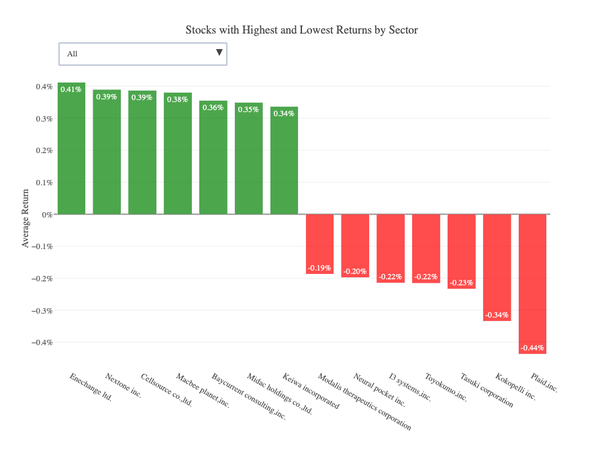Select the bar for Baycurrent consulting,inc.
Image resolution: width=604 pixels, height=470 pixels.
213,161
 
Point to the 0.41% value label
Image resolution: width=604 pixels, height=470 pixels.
71,89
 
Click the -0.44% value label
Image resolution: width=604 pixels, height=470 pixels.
532,348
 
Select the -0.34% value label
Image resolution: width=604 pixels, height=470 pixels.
497,315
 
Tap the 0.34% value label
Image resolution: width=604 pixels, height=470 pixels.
284,113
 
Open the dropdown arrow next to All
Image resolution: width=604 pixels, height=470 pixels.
219,53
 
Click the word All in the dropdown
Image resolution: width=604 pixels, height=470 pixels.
72,54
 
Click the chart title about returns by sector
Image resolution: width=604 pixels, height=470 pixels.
302,30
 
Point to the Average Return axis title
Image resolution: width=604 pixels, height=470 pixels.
26,218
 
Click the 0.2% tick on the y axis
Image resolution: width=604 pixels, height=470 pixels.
44,150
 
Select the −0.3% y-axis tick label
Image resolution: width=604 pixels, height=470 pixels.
42,310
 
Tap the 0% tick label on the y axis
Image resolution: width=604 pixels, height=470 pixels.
48,214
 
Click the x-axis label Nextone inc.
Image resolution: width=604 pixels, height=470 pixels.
123,386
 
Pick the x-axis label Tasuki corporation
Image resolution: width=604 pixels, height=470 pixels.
487,390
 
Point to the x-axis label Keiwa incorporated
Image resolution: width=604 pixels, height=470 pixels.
311,391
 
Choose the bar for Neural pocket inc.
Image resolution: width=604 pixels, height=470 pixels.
355,245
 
